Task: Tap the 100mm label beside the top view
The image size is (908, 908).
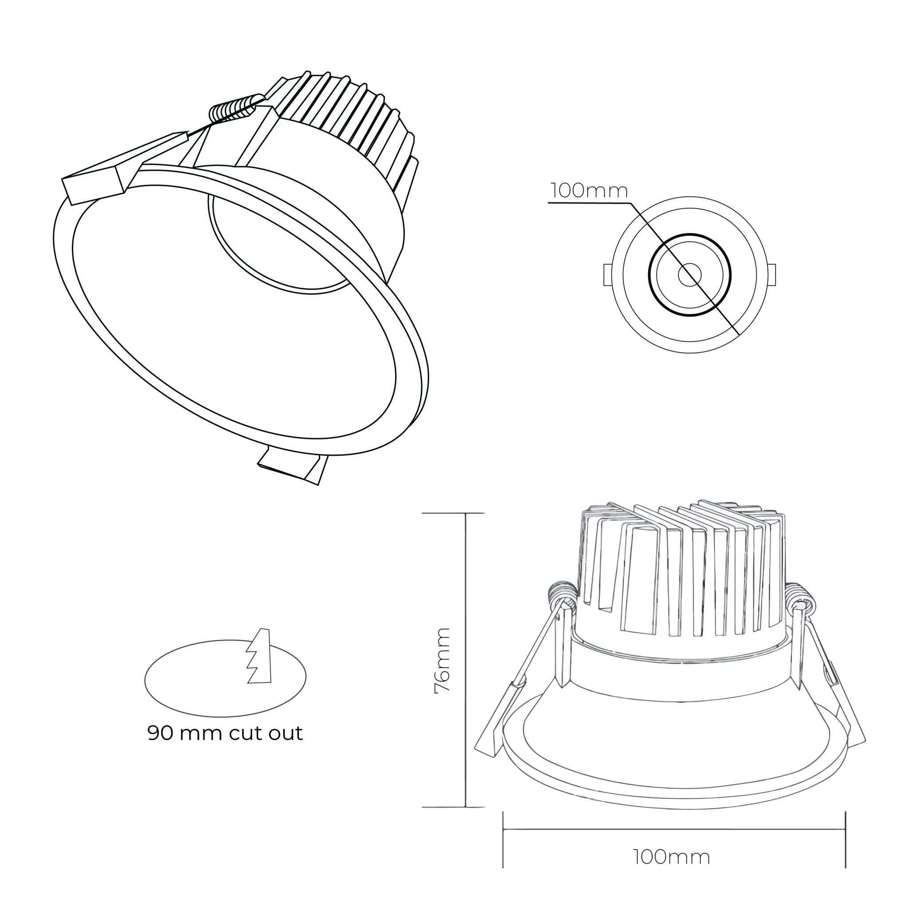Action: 589,191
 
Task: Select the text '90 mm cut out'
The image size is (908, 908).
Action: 225,733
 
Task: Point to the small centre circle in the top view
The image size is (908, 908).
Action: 689,274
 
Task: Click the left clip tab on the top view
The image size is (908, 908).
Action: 607,275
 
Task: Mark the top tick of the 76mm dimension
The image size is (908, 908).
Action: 453,513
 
